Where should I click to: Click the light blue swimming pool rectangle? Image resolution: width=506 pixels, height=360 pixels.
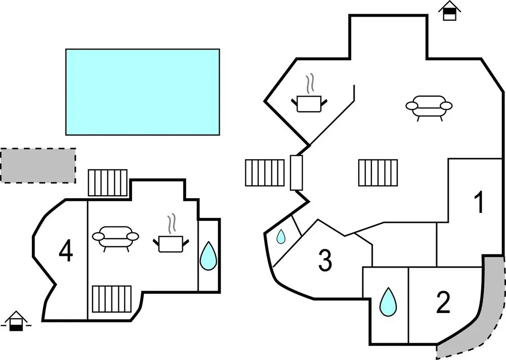pyautogui.click(x=143, y=92)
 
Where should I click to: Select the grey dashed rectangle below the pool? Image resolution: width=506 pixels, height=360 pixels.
pyautogui.click(x=38, y=165)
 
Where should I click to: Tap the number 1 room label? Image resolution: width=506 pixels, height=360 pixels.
pyautogui.click(x=478, y=202)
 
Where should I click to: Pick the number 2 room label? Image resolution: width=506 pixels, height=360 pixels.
pyautogui.click(x=443, y=303)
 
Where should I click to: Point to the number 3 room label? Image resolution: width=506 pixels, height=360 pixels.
pyautogui.click(x=325, y=261)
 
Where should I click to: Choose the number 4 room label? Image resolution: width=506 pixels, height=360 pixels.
pyautogui.click(x=66, y=252)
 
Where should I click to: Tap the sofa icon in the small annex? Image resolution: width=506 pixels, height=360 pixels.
pyautogui.click(x=116, y=238)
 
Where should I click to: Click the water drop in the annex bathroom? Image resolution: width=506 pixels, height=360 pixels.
pyautogui.click(x=207, y=256)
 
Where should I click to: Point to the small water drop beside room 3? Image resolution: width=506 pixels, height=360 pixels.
pyautogui.click(x=281, y=236)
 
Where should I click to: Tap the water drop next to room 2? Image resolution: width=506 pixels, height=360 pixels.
pyautogui.click(x=388, y=302)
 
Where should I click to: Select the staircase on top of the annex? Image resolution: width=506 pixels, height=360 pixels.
pyautogui.click(x=108, y=183)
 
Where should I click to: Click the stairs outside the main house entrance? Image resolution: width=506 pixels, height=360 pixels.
pyautogui.click(x=265, y=173)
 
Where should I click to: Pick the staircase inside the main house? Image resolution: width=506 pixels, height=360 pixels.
pyautogui.click(x=378, y=172)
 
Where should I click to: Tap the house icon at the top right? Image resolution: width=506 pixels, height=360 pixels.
pyautogui.click(x=448, y=11)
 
